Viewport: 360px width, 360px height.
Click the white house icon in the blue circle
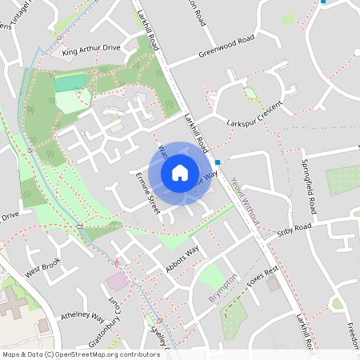[x=179, y=172]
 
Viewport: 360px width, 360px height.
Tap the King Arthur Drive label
[x=90, y=48]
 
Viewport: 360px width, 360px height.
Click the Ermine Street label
[x=147, y=190]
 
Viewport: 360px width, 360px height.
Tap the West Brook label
[x=42, y=267]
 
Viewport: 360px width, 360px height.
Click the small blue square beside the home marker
[x=218, y=161]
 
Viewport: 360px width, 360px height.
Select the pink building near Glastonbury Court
[x=117, y=281]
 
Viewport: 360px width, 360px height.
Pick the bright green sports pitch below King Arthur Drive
[x=70, y=82]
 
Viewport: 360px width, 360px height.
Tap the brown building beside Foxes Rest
[x=273, y=284]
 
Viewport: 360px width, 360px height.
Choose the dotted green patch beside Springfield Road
[x=342, y=181]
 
